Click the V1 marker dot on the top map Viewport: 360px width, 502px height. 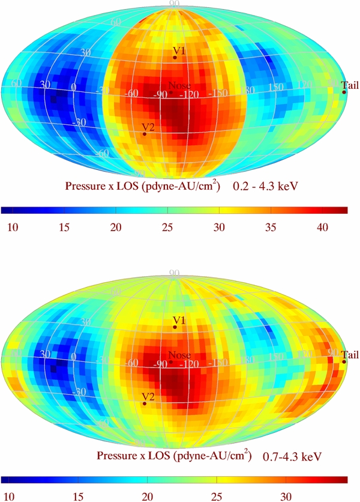(175, 57)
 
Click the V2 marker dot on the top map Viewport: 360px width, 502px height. (145, 134)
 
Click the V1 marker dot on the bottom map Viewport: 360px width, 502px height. (175, 327)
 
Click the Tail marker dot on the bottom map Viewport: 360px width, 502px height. (344, 361)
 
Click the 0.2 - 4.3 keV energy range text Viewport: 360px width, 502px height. (266, 187)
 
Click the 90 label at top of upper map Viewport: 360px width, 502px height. (175, 4)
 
